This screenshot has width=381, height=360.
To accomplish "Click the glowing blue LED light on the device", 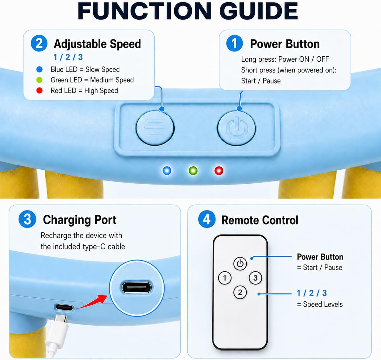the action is pyautogui.click(x=167, y=171).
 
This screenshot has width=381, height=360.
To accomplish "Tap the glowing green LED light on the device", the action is pyautogui.click(x=193, y=171).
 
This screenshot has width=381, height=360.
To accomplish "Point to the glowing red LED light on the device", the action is pyautogui.click(x=219, y=171).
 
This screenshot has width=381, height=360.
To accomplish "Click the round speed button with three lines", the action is pyautogui.click(x=155, y=128).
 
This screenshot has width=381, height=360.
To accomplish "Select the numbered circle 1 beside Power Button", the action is pyautogui.click(x=234, y=43).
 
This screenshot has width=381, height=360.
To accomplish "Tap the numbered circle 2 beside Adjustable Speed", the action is pyautogui.click(x=39, y=43).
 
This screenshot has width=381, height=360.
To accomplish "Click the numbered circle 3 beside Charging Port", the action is pyautogui.click(x=27, y=219).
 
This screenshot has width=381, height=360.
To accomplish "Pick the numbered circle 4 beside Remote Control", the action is pyautogui.click(x=207, y=219).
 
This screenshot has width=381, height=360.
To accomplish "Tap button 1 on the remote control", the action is pyautogui.click(x=225, y=278).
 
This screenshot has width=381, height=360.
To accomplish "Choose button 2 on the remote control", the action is pyautogui.click(x=240, y=292).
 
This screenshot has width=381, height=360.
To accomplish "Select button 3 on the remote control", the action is pyautogui.click(x=255, y=278).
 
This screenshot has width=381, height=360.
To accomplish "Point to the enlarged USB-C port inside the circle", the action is pyautogui.click(x=137, y=288).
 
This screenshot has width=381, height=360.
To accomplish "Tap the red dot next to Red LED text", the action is pyautogui.click(x=39, y=90).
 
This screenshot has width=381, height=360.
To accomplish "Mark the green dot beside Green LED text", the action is pyautogui.click(x=39, y=80).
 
